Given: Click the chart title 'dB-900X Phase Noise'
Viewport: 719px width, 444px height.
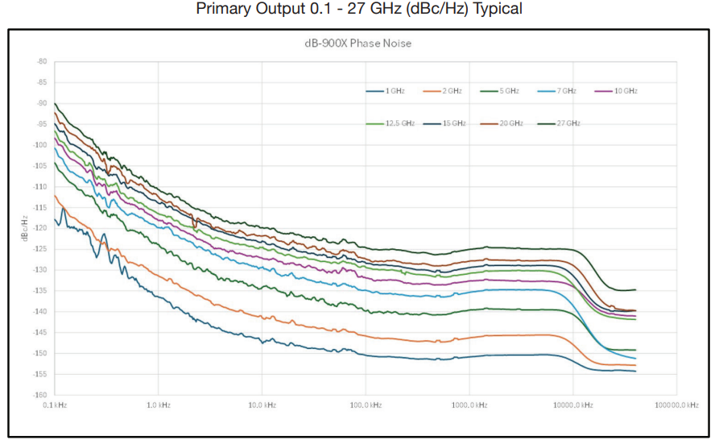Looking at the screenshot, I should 357,44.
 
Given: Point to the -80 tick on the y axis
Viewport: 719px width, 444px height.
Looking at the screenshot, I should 42,61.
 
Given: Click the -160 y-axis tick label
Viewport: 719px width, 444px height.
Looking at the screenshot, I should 40,395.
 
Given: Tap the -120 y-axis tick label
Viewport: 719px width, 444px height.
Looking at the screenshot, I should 40,228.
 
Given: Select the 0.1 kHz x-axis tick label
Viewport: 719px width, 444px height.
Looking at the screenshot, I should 55,405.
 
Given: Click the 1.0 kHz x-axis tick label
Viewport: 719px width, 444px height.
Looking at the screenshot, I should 159,405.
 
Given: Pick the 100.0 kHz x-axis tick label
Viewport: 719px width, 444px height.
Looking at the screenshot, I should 366,405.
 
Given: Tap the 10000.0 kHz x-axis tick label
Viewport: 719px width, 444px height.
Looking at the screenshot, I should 572,405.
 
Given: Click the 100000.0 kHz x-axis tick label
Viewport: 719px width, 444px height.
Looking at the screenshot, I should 676,405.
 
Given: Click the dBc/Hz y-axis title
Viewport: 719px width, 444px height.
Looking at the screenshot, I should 26,227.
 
